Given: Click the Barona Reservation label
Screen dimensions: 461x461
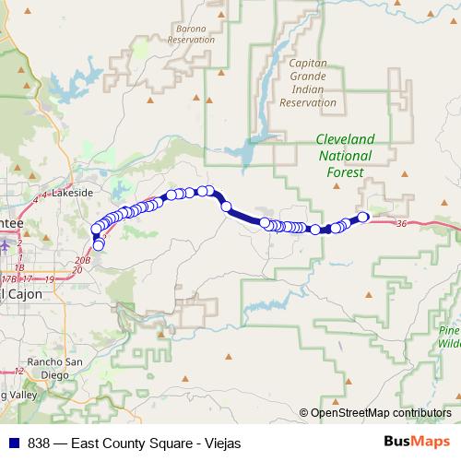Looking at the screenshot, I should point(192,34).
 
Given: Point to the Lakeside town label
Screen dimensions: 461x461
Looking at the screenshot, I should point(73,193).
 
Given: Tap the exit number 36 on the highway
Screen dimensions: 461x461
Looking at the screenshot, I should point(400,224).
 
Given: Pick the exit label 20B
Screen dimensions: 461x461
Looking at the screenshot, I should point(82,262).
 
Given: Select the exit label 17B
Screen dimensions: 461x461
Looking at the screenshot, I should point(8,278).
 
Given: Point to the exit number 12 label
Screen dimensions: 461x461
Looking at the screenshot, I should point(18,371).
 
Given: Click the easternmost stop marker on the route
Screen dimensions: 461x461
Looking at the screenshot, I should point(363,218).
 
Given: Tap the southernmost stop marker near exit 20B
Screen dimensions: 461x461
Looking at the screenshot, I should point(99,245).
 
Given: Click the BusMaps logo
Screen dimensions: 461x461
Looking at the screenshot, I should point(416,442).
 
